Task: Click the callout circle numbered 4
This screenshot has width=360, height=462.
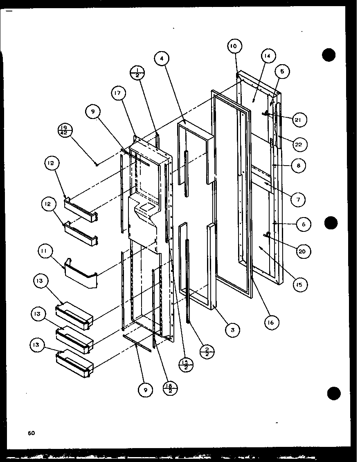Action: tap(162, 58)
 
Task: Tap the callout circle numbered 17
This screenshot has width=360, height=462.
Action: tap(118, 93)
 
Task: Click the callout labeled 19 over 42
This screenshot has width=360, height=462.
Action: tap(65, 131)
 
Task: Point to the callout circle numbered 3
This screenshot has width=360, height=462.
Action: tap(232, 330)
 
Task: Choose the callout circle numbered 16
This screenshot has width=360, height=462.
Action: tap(271, 322)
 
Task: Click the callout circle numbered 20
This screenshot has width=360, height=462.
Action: tap(302, 251)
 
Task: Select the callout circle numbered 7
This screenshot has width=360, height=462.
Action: tap(299, 200)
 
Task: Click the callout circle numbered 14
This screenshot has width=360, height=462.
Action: tap(268, 56)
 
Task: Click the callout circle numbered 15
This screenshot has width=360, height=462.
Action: tap(301, 285)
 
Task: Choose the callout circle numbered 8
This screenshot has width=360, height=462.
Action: tap(299, 166)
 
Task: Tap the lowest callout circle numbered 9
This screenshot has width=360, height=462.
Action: tap(145, 390)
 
